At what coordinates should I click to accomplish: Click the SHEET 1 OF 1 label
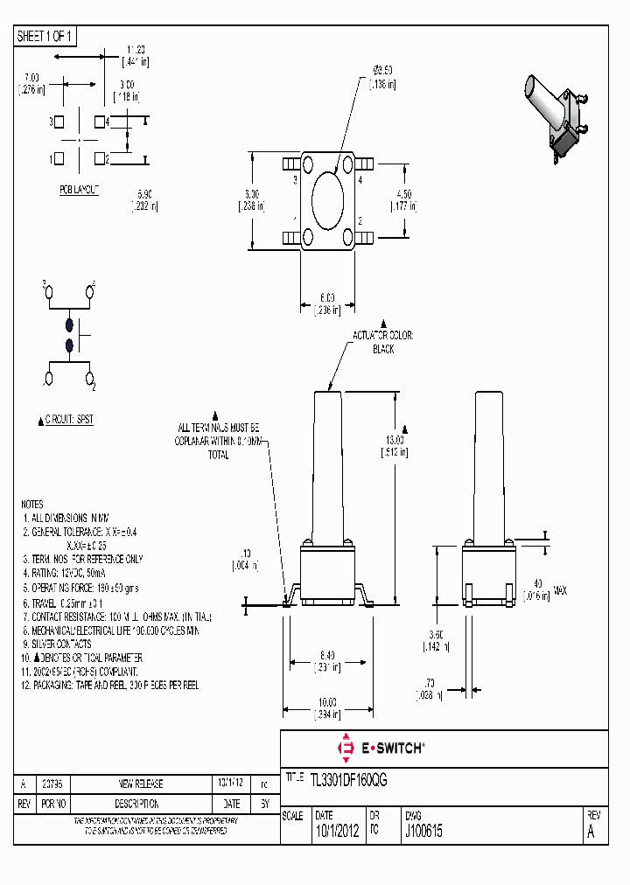pos(45,36)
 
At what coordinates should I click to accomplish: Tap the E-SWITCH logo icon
pos(345,748)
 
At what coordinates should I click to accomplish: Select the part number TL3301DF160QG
pos(348,778)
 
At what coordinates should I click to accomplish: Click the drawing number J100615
pos(423,833)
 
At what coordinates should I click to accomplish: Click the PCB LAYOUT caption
pos(80,190)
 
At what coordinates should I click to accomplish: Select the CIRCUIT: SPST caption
pos(69,420)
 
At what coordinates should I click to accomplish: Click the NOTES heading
pos(31,505)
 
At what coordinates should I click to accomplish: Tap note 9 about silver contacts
pos(61,644)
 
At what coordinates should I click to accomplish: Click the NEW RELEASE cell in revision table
pos(140,784)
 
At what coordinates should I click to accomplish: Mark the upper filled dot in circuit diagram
pos(70,324)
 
